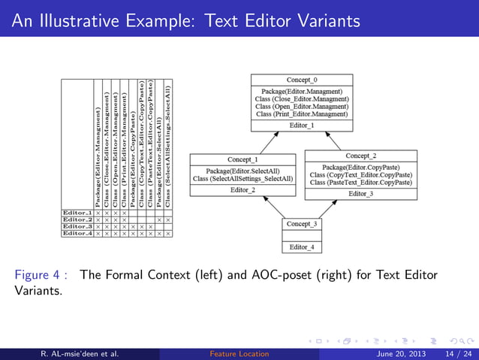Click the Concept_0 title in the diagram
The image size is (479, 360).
point(302,80)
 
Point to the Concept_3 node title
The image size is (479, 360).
point(302,224)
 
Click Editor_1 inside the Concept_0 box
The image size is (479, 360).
point(302,126)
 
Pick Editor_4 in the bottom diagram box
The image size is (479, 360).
point(302,247)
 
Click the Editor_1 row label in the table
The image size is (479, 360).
point(77,214)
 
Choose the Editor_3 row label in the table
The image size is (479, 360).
point(77,226)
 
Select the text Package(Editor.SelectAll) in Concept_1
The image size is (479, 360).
point(243,171)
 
